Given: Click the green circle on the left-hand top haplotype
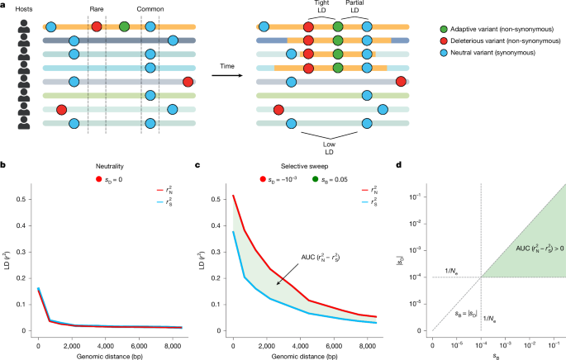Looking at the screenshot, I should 124,27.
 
